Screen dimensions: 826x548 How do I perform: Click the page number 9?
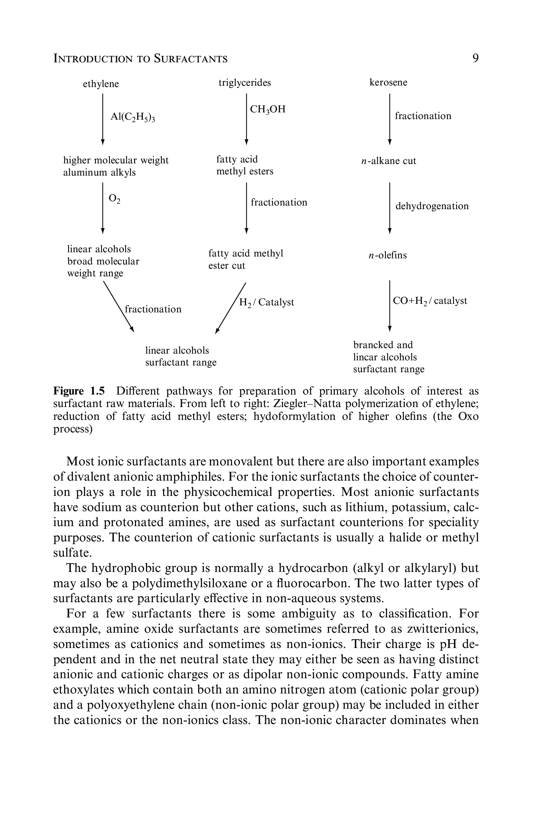click(x=475, y=58)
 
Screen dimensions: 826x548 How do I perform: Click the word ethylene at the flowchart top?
click(x=101, y=84)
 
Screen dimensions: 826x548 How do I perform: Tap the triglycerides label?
click(x=245, y=82)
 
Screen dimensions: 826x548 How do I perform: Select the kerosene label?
click(x=388, y=82)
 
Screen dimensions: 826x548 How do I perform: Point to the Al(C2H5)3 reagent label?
click(x=133, y=117)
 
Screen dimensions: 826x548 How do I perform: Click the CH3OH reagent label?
click(x=268, y=109)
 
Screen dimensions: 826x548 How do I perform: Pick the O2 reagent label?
click(x=114, y=199)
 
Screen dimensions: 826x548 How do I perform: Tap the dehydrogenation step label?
click(x=432, y=206)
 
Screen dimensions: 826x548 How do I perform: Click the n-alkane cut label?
click(x=388, y=161)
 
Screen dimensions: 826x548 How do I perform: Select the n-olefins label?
click(x=388, y=255)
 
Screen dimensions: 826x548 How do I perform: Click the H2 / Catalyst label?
click(x=266, y=302)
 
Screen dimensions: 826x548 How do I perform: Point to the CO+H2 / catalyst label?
click(x=430, y=301)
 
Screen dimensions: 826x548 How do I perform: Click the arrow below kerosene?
click(x=390, y=119)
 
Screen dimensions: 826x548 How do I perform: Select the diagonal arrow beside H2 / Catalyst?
click(x=231, y=307)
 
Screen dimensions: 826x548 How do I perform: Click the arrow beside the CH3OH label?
click(x=246, y=119)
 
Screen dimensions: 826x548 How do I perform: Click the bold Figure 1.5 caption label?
click(x=79, y=391)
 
